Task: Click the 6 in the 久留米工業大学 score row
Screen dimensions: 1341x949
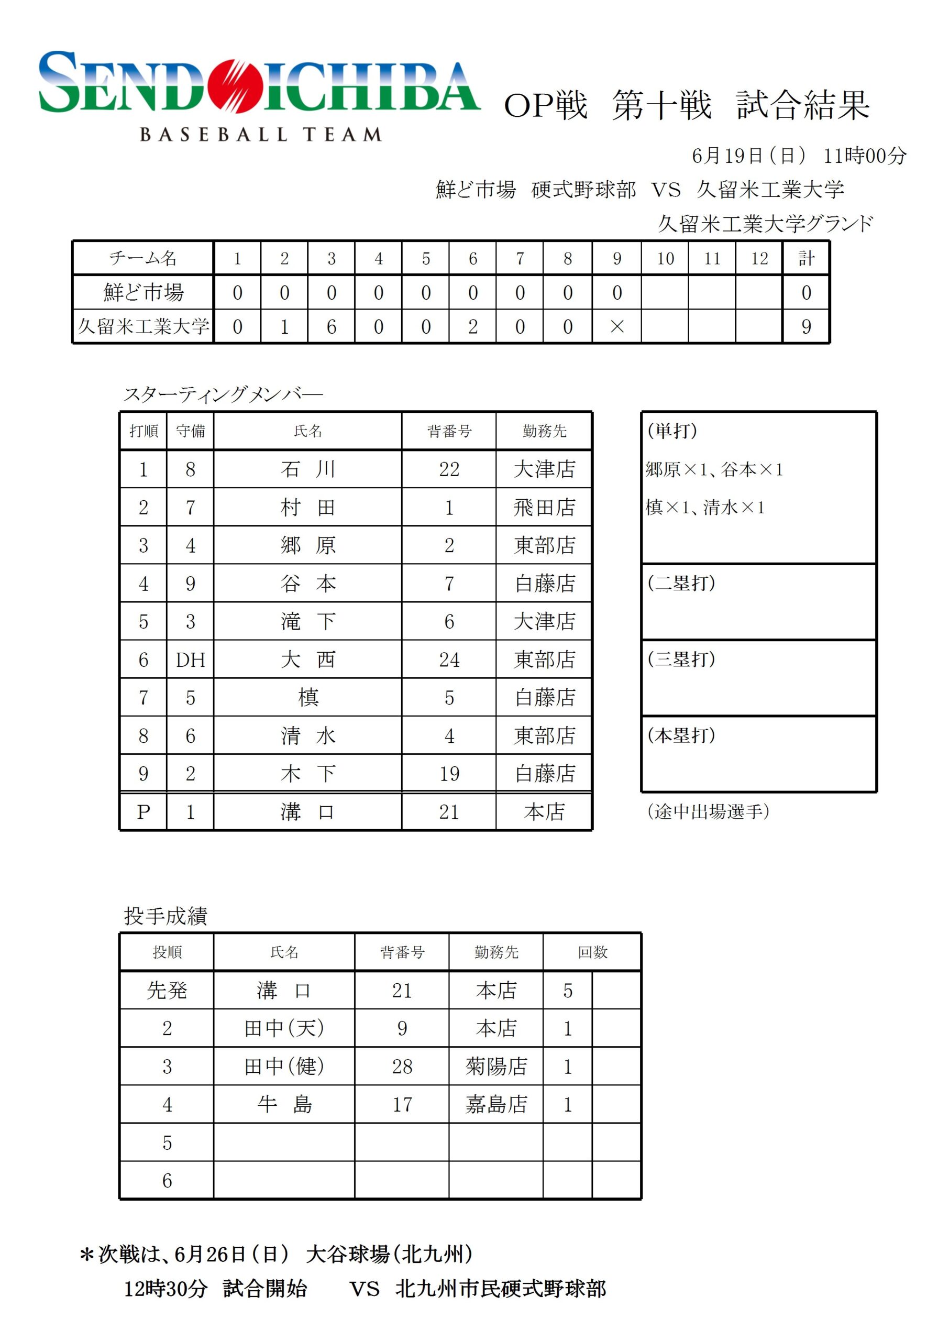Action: pos(332,327)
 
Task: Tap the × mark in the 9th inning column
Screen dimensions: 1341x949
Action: pos(616,327)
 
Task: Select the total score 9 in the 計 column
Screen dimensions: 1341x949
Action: pos(806,327)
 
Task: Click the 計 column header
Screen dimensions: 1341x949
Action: pos(806,258)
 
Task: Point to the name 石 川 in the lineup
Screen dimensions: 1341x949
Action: pos(308,469)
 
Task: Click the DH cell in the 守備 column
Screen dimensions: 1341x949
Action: pos(191,659)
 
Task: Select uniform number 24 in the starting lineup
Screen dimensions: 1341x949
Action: pos(449,659)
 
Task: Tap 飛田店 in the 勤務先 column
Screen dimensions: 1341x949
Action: pos(544,507)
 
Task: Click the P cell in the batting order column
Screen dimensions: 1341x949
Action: pos(143,811)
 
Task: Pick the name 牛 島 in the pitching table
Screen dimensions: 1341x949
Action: pos(284,1104)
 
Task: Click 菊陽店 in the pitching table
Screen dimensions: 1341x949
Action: pos(496,1067)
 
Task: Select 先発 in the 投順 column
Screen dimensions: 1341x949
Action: pos(167,991)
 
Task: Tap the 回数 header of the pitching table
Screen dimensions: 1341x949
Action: pos(592,952)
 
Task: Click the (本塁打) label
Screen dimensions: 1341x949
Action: pos(681,735)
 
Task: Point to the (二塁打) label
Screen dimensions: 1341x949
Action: pos(681,583)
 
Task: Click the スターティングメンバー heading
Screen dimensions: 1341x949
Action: pos(223,394)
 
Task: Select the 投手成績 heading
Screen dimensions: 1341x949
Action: pos(166,916)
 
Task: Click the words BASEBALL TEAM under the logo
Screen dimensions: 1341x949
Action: pos(261,135)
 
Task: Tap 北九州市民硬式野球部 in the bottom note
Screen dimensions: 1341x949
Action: pos(501,1289)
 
